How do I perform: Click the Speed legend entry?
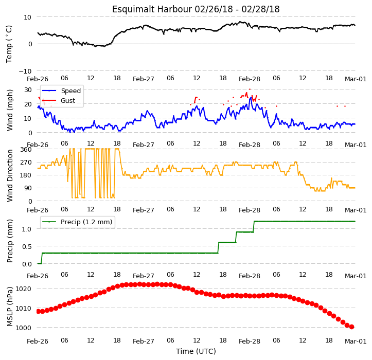[x=61, y=91]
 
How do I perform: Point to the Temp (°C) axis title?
[x=9, y=44]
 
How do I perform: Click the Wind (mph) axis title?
[x=10, y=110]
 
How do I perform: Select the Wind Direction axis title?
[x=10, y=175]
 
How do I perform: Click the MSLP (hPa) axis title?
[x=10, y=307]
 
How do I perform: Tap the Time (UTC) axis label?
[x=196, y=351]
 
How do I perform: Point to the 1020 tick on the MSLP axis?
[x=24, y=289]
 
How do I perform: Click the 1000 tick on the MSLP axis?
[x=24, y=328]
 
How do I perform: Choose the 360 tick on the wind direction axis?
[x=26, y=150]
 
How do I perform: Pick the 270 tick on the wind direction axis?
[x=26, y=163]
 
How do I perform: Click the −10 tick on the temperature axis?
[x=25, y=71]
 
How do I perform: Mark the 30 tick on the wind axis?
[x=28, y=89]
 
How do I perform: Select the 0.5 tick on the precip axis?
[x=27, y=246]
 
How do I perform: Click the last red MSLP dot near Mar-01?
[x=351, y=327]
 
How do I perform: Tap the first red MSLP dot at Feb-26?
[x=38, y=311]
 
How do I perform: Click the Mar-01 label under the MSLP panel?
[x=356, y=341]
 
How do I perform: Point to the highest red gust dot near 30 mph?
[x=250, y=89]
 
